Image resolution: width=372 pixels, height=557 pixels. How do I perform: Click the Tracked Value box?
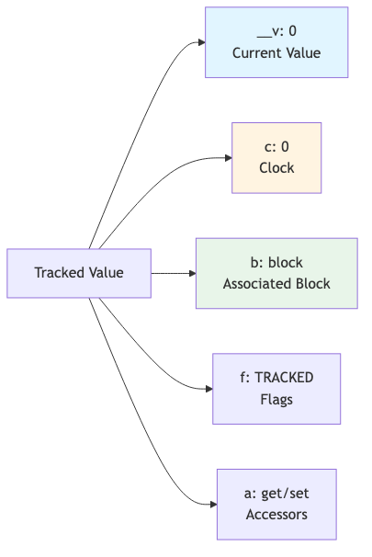coord(79,273)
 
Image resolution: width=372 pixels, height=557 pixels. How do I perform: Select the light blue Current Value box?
coord(276,42)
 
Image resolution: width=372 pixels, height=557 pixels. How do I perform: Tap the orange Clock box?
coord(276,158)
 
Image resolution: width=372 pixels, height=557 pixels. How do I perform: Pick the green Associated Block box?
coord(276,273)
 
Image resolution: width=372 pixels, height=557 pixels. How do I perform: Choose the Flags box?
coord(276,388)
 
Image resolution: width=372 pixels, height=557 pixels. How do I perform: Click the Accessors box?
coord(276,504)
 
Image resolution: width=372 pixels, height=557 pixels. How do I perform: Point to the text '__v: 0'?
coord(276,32)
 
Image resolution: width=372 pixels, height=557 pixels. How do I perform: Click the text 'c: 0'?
coord(276,148)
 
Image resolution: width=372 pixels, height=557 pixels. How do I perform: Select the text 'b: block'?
coord(276,263)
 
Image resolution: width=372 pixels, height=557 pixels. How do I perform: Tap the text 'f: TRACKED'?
coord(276,378)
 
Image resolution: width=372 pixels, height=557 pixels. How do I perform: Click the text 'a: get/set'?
coord(276,494)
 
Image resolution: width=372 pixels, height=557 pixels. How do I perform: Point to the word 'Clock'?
coord(276,168)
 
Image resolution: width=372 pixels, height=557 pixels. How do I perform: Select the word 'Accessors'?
coord(276,514)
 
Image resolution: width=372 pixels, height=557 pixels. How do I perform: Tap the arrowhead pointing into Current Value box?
coord(199,42)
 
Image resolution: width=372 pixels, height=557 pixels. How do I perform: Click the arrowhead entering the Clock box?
coord(226,158)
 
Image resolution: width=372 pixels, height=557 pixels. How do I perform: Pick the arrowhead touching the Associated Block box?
coord(191,273)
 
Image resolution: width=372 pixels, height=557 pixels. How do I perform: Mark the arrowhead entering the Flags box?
coord(208,388)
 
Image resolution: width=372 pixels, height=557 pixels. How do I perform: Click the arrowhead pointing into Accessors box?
coord(212,504)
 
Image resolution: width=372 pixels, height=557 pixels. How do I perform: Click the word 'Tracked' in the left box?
coord(59,273)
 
